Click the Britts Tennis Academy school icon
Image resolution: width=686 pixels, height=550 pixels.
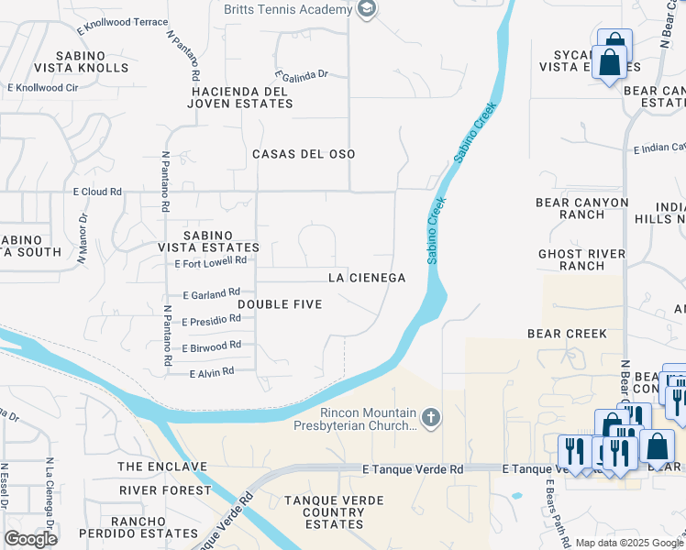pyautogui.click(x=367, y=10)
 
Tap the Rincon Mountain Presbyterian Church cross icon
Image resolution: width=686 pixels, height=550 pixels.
pyautogui.click(x=431, y=419)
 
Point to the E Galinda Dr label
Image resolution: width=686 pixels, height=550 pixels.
pyautogui.click(x=302, y=76)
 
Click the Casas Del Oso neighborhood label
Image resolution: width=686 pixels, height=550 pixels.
pyautogui.click(x=304, y=154)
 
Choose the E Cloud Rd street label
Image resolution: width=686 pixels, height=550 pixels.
pyautogui.click(x=97, y=192)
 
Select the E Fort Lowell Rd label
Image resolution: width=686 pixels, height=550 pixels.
pyautogui.click(x=211, y=262)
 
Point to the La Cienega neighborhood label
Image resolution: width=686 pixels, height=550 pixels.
pyautogui.click(x=367, y=277)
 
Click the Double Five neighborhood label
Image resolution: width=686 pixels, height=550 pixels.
pyautogui.click(x=280, y=303)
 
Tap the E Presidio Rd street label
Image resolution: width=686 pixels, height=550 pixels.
pyautogui.click(x=211, y=321)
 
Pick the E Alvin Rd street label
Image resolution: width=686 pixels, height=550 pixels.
pyautogui.click(x=212, y=372)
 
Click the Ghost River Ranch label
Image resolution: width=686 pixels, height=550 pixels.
pyautogui.click(x=581, y=259)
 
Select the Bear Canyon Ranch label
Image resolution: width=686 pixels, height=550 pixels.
pyautogui.click(x=582, y=209)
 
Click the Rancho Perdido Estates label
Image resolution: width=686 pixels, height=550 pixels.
pyautogui.click(x=138, y=526)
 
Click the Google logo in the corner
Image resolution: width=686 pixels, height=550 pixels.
pyautogui.click(x=30, y=539)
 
